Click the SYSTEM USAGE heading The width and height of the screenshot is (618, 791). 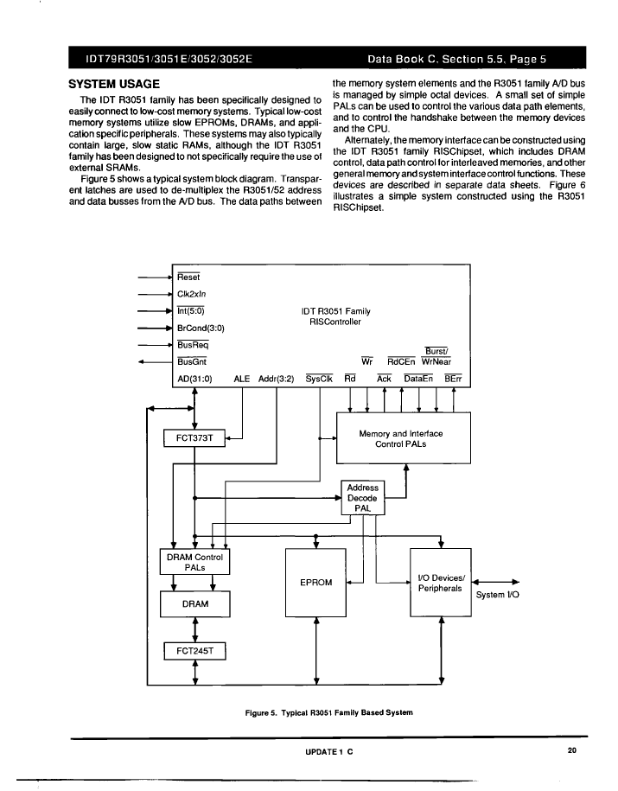[x=114, y=84]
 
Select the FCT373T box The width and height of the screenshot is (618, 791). [x=194, y=438]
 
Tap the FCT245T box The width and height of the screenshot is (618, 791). [x=194, y=651]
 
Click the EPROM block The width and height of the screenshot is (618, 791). [x=315, y=582]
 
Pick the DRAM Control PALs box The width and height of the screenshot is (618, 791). [x=194, y=562]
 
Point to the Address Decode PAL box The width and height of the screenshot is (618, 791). [x=363, y=497]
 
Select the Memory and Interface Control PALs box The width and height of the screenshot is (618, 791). [x=404, y=438]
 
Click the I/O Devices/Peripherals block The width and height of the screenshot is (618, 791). [x=441, y=583]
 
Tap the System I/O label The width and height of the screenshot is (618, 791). [x=498, y=595]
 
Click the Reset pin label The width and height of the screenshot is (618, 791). [x=188, y=277]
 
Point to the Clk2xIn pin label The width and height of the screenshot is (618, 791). [x=192, y=294]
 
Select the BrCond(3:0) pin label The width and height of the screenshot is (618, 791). [x=201, y=328]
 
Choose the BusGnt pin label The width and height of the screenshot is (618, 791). [x=192, y=361]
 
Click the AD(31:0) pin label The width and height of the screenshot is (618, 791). [x=194, y=379]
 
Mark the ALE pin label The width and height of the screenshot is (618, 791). [x=242, y=379]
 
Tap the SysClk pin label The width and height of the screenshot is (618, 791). [x=319, y=379]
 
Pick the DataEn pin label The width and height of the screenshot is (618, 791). [x=418, y=379]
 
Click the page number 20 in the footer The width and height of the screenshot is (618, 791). [x=571, y=750]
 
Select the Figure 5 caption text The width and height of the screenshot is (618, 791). [x=329, y=713]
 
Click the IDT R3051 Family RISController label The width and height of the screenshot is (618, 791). [x=335, y=316]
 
